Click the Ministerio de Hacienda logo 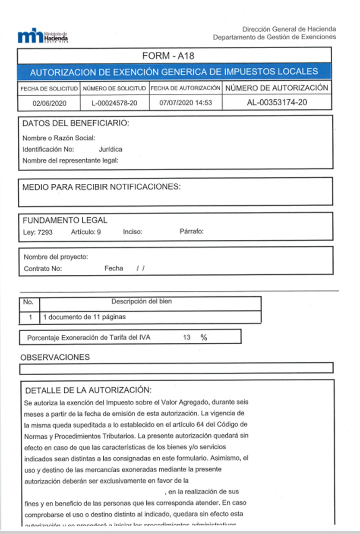point(43,37)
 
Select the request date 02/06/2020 point(48,103)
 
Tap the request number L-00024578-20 point(115,103)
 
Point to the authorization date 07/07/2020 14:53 point(185,103)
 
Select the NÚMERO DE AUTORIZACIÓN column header point(277,88)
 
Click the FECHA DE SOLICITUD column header point(49,89)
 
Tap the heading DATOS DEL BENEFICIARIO point(76,124)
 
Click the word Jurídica point(111,149)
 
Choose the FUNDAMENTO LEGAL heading point(65,220)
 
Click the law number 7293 point(45,232)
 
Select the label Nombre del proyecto point(56,257)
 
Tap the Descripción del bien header point(142,302)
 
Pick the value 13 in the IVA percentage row point(186,338)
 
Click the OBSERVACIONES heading point(55,357)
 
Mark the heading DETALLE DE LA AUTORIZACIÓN point(88,391)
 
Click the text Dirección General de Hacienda point(289,29)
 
